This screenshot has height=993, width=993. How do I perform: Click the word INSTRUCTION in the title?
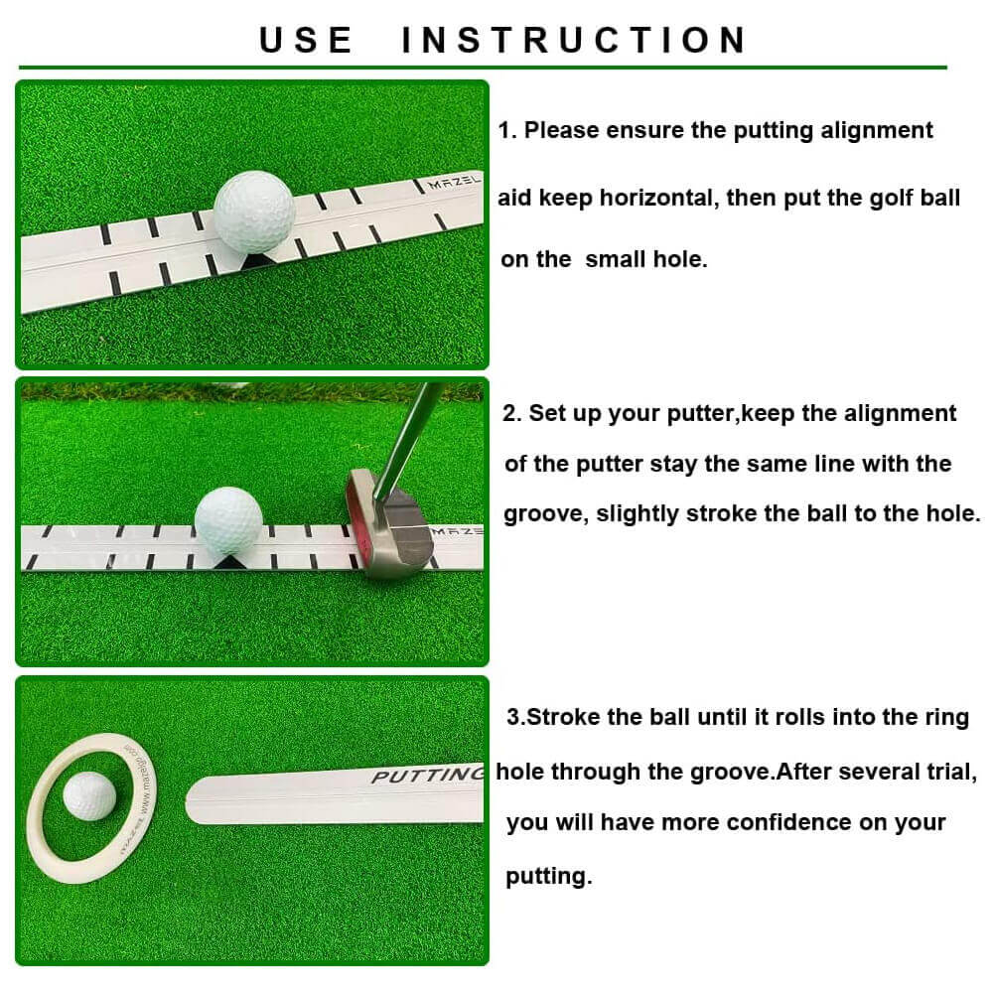point(574,40)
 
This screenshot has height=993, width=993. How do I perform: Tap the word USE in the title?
point(306,40)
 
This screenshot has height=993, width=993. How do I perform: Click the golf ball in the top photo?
point(254,208)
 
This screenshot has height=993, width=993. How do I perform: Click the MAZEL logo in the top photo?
point(452,184)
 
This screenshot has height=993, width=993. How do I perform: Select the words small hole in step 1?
point(645,260)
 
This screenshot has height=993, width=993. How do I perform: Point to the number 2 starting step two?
point(509,413)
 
